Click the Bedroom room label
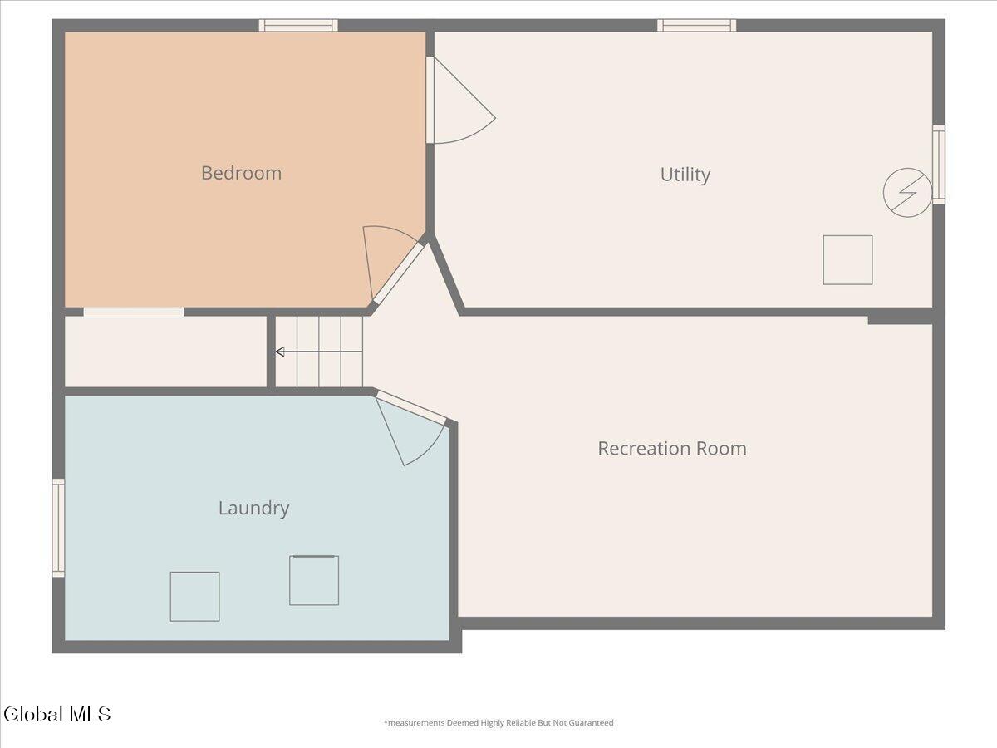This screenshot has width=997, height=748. [x=241, y=173]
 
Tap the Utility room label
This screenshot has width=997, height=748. [x=685, y=175]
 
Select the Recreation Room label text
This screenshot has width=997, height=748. [x=672, y=449]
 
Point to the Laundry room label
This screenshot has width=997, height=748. [x=253, y=509]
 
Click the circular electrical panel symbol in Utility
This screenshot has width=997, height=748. [x=907, y=193]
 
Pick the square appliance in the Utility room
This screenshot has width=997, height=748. [x=847, y=260]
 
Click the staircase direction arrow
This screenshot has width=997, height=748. [x=319, y=352]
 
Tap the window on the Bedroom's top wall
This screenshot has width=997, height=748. [x=298, y=26]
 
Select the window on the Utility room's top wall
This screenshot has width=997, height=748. [x=696, y=26]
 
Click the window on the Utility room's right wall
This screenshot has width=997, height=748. [x=939, y=165]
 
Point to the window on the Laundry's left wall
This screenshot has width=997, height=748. [x=59, y=528]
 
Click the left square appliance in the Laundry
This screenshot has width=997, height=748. [x=195, y=596]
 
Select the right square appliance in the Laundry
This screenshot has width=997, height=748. [x=314, y=580]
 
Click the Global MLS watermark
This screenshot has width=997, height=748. [x=57, y=714]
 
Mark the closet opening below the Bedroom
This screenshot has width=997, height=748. [x=134, y=312]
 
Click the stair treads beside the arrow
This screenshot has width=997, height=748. [x=319, y=352]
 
